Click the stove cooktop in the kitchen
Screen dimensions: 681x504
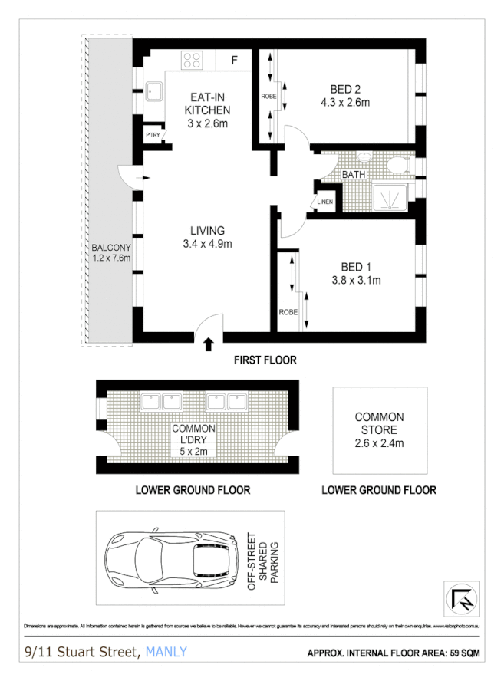coord(193,60)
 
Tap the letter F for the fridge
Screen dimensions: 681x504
coord(236,60)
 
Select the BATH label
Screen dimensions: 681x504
coord(354,175)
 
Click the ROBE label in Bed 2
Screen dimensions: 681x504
coord(268,97)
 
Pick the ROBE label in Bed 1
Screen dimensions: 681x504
coord(288,312)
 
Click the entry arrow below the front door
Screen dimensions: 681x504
coord(209,346)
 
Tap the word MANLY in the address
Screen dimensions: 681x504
coord(165,653)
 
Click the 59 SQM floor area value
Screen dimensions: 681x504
coord(463,654)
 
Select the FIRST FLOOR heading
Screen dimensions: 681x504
coord(265,360)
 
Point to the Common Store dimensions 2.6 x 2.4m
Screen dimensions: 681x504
coord(379,442)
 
